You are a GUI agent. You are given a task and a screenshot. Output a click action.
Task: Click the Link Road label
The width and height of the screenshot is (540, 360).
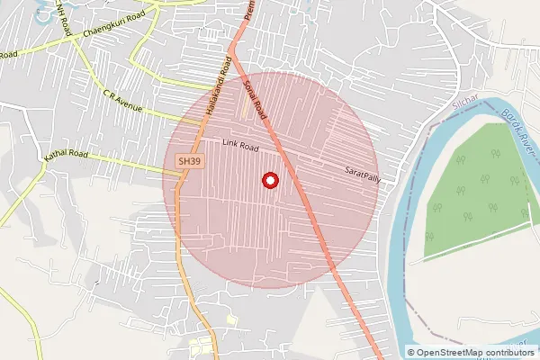pyautogui.click(x=241, y=145)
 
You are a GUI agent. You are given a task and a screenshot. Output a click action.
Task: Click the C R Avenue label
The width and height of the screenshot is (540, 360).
pyautogui.click(x=122, y=102)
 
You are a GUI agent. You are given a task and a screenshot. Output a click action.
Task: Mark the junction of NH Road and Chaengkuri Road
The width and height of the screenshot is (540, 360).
pyautogui.click(x=71, y=37)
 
